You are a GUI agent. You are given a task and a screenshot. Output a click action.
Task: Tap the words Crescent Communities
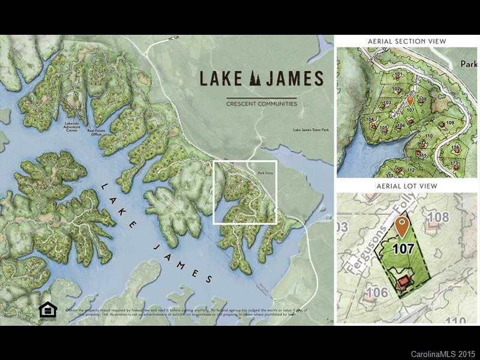[261, 104]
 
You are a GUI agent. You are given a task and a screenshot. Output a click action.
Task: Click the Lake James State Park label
[311, 130]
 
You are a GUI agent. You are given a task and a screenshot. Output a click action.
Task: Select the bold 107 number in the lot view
[403, 248]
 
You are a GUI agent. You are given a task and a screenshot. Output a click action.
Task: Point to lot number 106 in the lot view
[376, 292]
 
